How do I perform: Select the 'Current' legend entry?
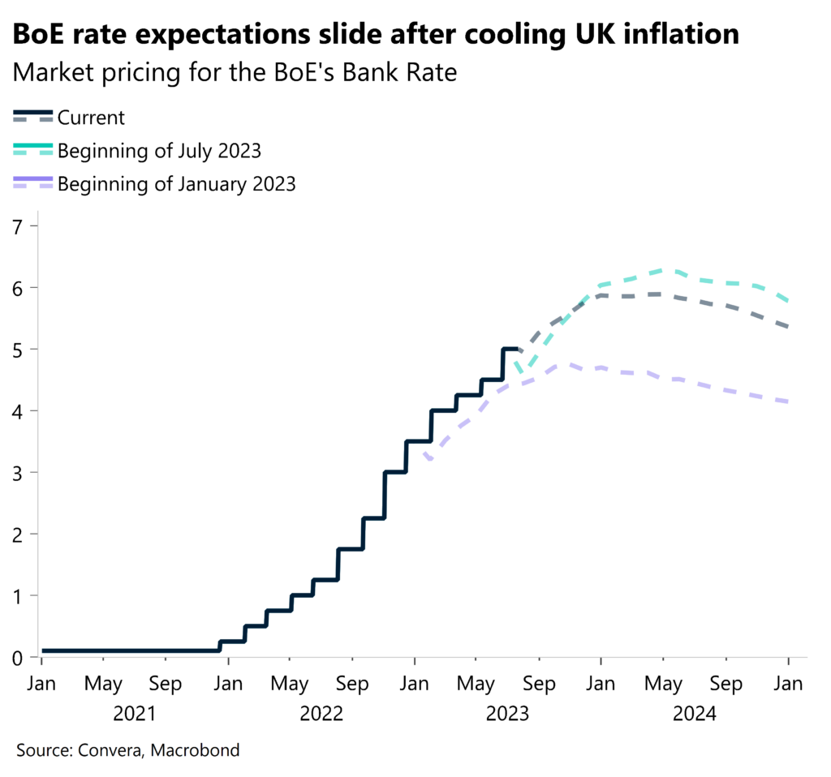tap(91, 118)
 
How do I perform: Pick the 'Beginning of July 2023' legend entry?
tap(159, 151)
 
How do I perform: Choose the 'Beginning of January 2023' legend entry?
tap(176, 184)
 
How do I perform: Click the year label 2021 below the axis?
tap(135, 714)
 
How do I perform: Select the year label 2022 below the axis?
tap(321, 714)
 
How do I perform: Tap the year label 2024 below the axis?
tap(695, 714)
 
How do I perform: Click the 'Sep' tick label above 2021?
tap(166, 684)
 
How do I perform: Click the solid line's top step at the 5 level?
tap(511, 349)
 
